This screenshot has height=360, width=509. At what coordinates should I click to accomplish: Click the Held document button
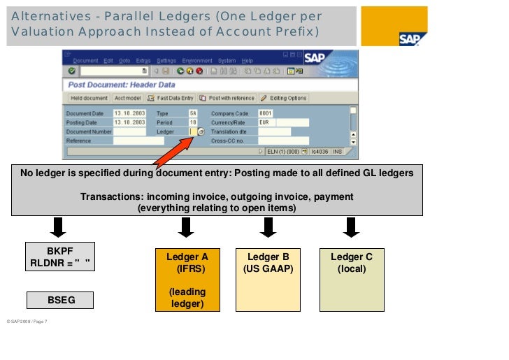point(89,98)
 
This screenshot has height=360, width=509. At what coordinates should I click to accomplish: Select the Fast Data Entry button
point(171,98)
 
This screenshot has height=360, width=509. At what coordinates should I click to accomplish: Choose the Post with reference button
point(227,98)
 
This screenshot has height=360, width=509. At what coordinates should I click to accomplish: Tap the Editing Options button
point(284,98)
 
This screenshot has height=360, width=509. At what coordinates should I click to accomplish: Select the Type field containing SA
point(193,113)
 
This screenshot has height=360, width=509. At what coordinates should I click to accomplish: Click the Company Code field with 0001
point(265,113)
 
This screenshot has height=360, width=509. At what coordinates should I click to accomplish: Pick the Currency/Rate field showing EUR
point(266,122)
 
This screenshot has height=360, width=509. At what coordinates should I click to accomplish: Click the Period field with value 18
point(193,122)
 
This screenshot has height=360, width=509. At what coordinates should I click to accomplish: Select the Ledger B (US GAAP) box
point(268,279)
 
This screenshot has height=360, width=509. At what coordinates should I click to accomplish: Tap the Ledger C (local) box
point(351,279)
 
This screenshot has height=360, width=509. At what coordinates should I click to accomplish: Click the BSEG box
point(62,300)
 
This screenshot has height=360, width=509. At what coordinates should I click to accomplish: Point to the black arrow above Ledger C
point(350,227)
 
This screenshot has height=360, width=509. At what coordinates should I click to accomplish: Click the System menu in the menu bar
point(227,61)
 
